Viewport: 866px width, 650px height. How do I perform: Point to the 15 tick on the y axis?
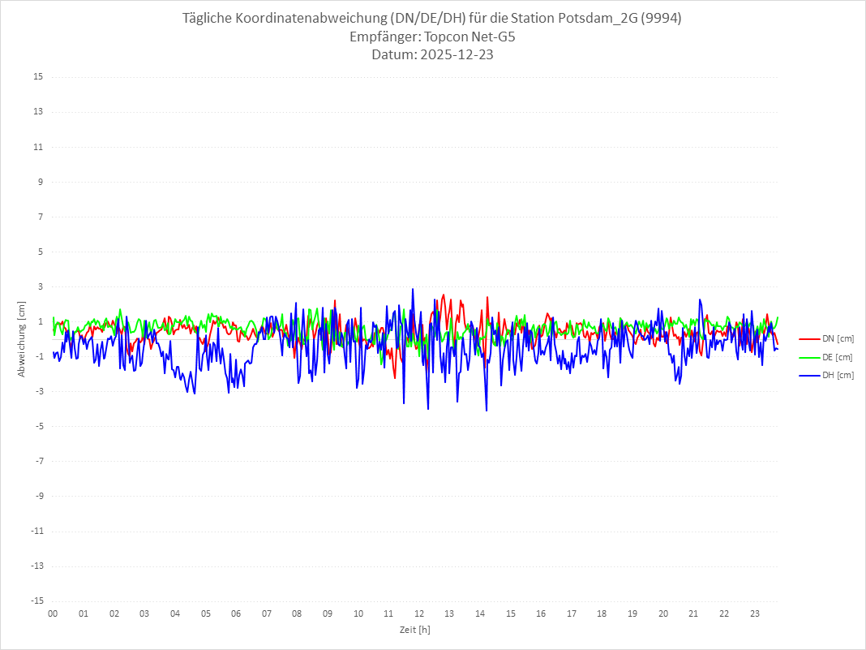tap(37, 77)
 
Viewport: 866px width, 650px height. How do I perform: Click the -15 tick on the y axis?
tap(36, 600)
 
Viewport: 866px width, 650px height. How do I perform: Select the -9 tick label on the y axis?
tap(38, 496)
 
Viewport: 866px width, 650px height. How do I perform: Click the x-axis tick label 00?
tap(53, 613)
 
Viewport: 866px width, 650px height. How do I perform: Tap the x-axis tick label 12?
tap(419, 613)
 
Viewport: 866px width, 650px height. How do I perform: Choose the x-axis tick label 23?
tap(755, 613)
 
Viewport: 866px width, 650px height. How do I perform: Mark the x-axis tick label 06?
tap(236, 613)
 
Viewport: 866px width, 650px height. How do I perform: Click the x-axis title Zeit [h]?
tap(415, 629)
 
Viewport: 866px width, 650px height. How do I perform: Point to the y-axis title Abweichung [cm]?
tap(22, 338)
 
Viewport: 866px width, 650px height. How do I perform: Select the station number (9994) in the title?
tap(660, 19)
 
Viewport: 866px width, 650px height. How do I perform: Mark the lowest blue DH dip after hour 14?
tap(487, 411)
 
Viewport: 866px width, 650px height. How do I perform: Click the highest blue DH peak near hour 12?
tap(413, 289)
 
